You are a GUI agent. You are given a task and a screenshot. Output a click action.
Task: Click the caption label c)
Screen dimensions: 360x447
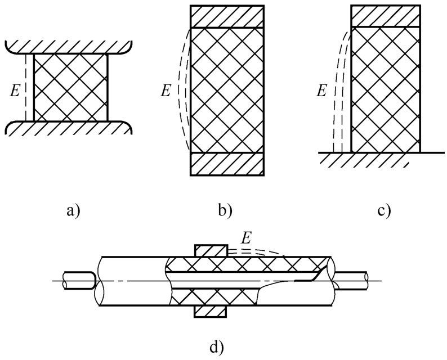[385, 212]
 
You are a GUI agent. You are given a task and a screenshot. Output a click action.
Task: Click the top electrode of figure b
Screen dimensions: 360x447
[227, 16]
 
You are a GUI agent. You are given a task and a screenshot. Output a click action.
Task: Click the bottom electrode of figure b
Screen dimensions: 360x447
[227, 164]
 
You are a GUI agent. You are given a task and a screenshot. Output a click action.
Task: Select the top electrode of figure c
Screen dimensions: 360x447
[386, 15]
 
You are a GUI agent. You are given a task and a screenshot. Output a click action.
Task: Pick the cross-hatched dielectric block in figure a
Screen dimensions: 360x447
[71, 87]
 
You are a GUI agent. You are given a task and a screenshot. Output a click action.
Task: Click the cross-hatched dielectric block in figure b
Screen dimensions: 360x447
[227, 90]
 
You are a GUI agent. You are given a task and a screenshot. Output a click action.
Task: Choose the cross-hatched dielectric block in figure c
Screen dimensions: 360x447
[386, 90]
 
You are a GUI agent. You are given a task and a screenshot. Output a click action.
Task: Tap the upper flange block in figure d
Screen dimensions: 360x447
[211, 250]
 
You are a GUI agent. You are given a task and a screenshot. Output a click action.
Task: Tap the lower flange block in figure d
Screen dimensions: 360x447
[211, 310]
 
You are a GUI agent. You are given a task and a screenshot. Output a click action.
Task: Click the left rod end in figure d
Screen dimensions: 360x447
[79, 280]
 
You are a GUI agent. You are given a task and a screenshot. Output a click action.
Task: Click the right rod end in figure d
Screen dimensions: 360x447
[355, 280]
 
